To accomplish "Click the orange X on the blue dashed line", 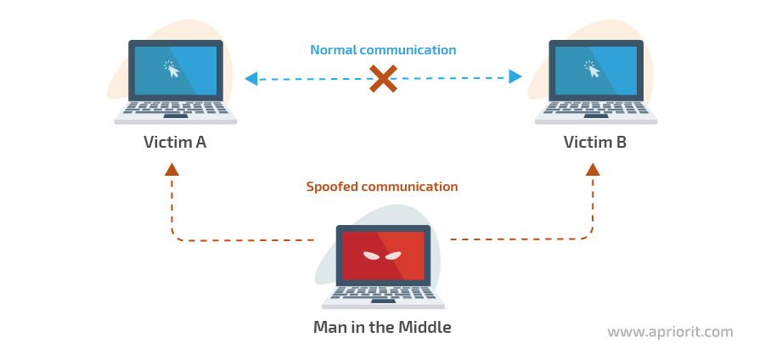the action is tap(383, 78).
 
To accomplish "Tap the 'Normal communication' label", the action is tap(384, 50).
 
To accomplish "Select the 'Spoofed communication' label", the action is tap(382, 187).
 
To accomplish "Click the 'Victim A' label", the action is tap(175, 142).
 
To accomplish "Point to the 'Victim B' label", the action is tap(595, 142).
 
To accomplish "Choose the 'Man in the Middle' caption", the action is tap(382, 327).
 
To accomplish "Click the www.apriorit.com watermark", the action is tap(671, 332).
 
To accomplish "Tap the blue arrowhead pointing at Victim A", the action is tap(251, 78).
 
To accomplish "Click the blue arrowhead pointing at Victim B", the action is tap(515, 76).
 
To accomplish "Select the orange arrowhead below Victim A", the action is tap(172, 169).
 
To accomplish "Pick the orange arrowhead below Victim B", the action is tap(593, 169).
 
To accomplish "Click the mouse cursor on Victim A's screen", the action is tap(172, 70).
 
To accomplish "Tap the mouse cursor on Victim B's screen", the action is tap(592, 70).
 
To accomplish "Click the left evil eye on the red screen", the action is tap(371, 255).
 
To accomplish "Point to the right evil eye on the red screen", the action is tap(393, 255).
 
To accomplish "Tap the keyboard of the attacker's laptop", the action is tap(383, 292).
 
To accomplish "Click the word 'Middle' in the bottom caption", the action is tap(425, 327).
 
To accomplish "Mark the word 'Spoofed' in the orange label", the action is tap(332, 187).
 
